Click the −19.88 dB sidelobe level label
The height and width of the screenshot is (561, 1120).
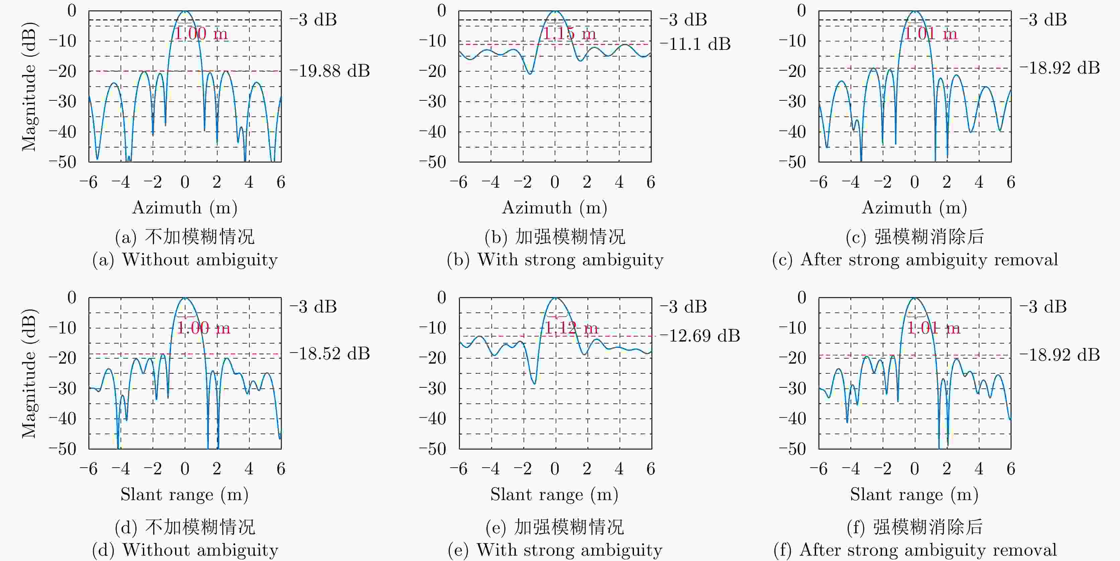tap(330, 71)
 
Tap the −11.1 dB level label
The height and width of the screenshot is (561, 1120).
tap(695, 44)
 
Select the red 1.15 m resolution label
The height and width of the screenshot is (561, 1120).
tap(569, 33)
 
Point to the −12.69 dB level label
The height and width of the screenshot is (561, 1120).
tap(700, 336)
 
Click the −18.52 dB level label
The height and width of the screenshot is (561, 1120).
tap(330, 353)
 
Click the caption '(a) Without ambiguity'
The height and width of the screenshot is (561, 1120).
tap(185, 260)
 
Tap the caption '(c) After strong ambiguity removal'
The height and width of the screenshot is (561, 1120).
tap(915, 260)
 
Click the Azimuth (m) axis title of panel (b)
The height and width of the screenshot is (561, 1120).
tap(555, 208)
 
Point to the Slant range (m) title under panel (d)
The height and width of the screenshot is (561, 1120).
tap(185, 494)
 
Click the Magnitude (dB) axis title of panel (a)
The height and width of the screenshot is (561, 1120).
tap(29, 87)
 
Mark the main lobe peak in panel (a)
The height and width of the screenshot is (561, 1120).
tap(185, 11)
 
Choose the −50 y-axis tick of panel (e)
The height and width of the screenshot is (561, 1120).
tap(432, 449)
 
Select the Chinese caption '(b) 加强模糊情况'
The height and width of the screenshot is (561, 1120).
tap(555, 237)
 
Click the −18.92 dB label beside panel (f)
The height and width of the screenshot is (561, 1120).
tap(1059, 355)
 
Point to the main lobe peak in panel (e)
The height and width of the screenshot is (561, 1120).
tap(555, 298)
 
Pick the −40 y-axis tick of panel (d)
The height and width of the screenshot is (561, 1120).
tap(62, 418)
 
